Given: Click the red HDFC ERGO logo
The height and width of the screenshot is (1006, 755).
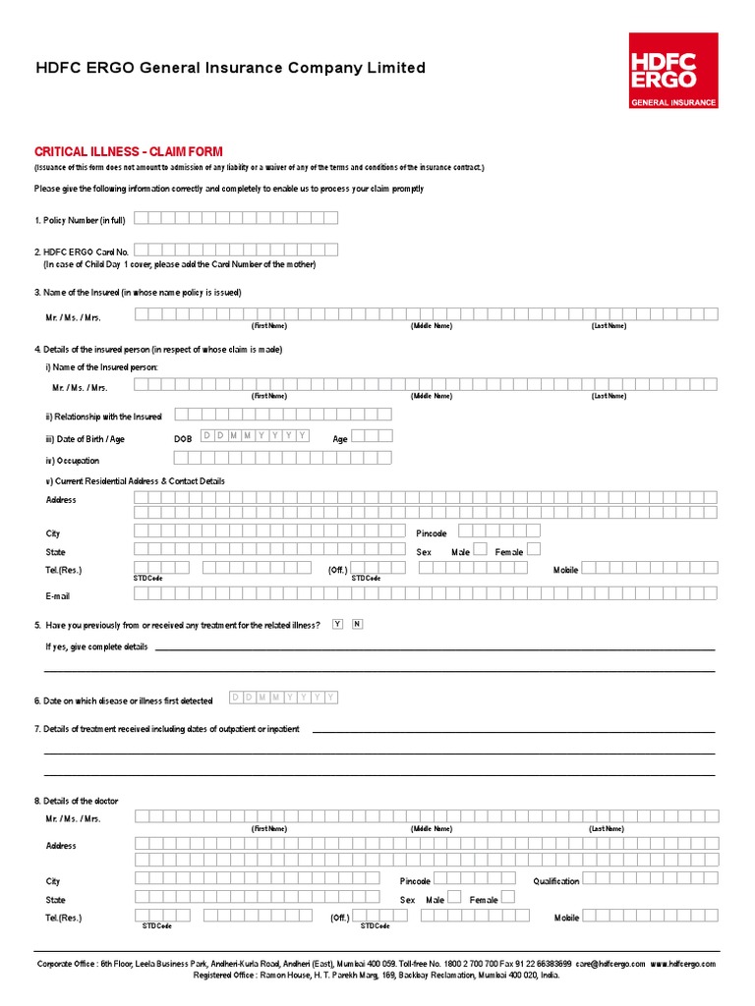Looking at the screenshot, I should click(673, 70).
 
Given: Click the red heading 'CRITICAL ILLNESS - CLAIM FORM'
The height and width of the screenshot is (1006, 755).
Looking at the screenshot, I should click(129, 152).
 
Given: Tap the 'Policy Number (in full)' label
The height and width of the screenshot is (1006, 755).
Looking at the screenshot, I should click(80, 220).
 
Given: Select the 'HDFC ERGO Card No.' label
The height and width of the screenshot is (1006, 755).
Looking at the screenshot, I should click(82, 252).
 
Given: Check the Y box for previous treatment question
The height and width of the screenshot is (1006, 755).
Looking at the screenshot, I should click(338, 625).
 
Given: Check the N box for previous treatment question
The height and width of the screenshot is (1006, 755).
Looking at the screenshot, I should click(357, 625).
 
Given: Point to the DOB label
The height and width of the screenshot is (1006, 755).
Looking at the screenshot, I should click(183, 439).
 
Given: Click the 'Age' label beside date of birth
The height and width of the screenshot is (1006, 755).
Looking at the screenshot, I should click(340, 439).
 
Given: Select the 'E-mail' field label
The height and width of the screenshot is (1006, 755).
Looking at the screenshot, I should click(58, 596).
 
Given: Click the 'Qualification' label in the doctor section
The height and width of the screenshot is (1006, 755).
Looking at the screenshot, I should click(556, 881).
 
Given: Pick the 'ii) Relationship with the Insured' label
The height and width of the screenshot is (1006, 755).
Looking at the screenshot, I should click(103, 418).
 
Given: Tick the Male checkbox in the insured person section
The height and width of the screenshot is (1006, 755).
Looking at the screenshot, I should click(480, 551).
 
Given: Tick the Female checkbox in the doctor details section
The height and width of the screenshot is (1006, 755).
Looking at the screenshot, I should click(509, 899).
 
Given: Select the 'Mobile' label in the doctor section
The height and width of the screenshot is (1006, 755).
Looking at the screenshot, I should click(566, 918).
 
